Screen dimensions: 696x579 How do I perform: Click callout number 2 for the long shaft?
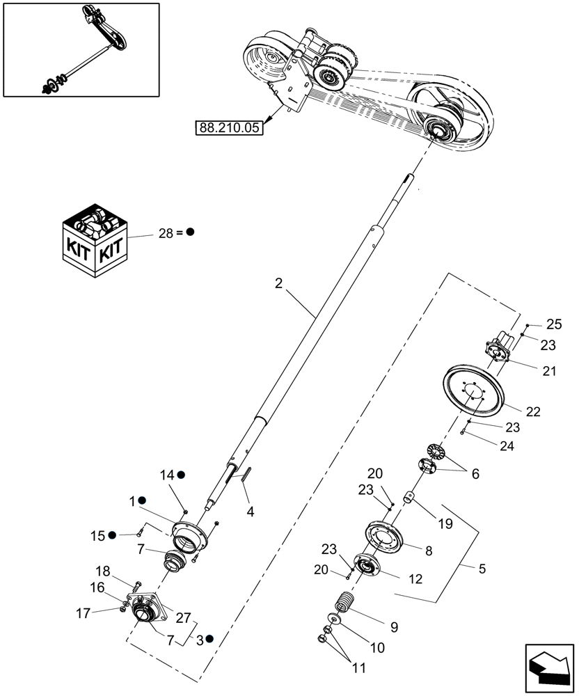[278, 283]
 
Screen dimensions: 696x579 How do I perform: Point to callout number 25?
[553, 325]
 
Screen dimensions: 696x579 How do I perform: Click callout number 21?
[550, 372]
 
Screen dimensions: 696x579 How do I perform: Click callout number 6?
[475, 473]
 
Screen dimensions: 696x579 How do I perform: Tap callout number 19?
[445, 524]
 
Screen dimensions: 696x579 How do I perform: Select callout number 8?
[429, 550]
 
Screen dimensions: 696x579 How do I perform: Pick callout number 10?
[376, 648]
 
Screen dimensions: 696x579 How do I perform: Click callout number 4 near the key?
[250, 511]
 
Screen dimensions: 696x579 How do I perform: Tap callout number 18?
[122, 569]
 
